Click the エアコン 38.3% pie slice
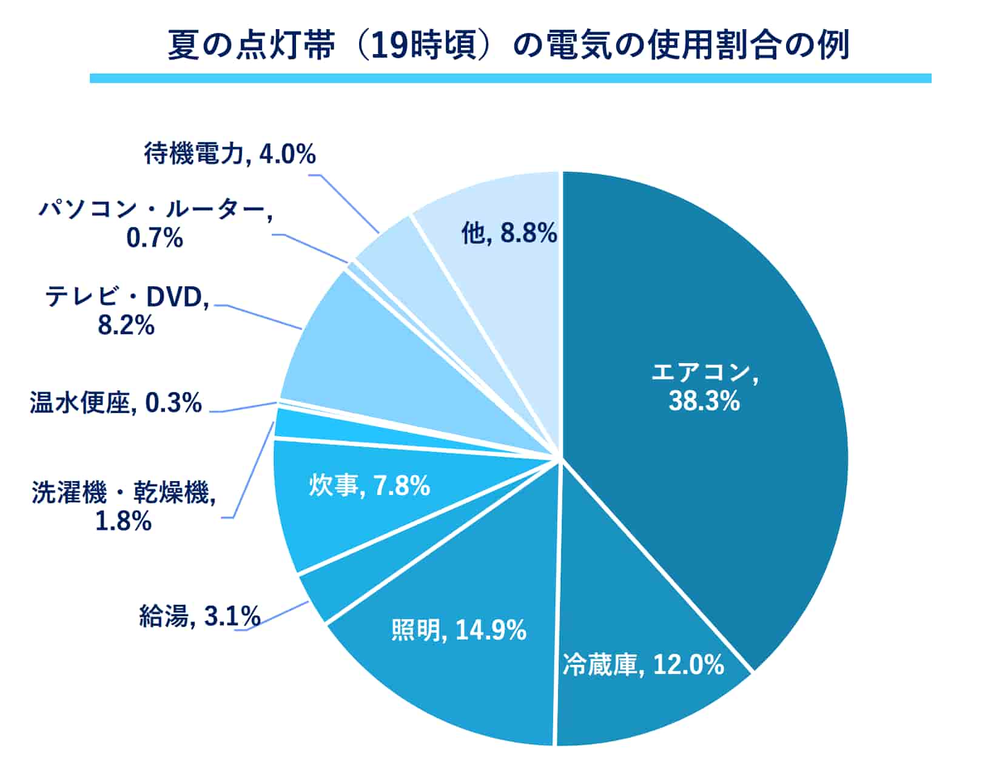coord(704,303)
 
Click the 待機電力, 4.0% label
coord(230,154)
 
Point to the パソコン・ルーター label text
coord(155,210)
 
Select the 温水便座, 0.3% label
coord(116,403)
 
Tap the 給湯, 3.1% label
coord(200,616)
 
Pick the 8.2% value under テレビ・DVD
coord(126,326)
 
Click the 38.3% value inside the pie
coord(704,401)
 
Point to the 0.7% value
coord(155,237)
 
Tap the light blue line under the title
coord(509,78)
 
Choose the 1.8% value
coord(123,521)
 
